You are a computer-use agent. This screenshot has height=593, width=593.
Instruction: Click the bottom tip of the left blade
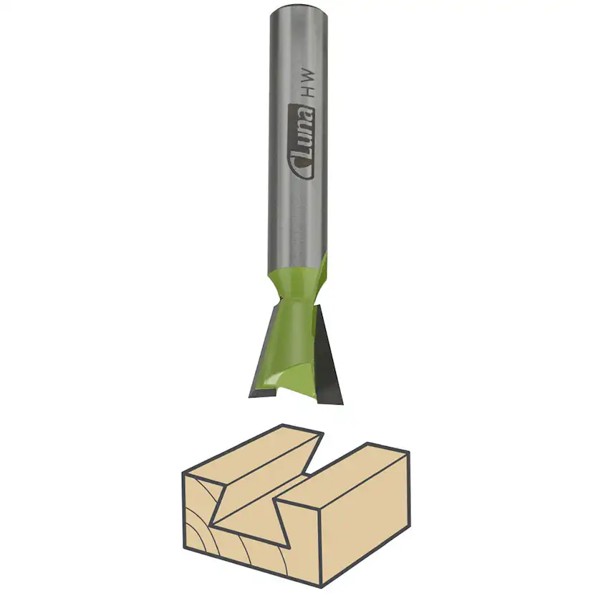(x=253, y=393)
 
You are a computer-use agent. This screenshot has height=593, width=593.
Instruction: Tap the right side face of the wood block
(x=365, y=530)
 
